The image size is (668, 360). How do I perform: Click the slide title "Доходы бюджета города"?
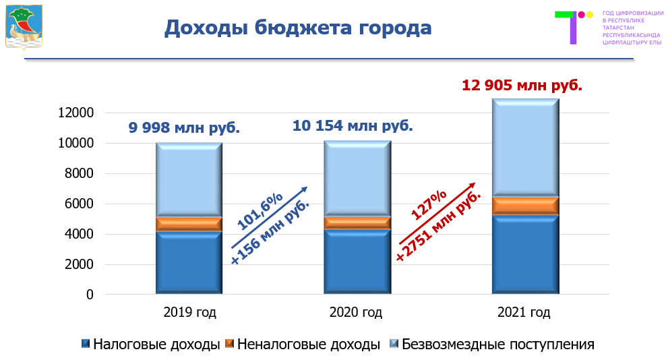click(298, 28)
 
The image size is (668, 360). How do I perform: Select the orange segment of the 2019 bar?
click(189, 224)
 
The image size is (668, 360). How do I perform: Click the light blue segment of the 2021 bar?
click(525, 148)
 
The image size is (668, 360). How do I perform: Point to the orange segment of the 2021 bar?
click(525, 206)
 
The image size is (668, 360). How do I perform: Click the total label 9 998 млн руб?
click(184, 127)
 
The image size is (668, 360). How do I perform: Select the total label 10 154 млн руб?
click(352, 125)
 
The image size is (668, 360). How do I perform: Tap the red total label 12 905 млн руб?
click(522, 86)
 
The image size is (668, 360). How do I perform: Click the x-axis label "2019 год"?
click(189, 313)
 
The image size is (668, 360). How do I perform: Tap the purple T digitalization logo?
click(572, 27)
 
